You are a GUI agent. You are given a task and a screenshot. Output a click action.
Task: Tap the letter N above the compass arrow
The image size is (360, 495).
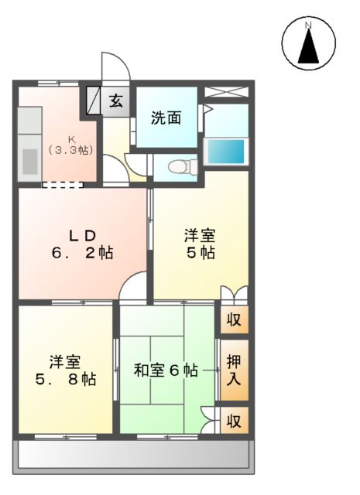coord(308,26)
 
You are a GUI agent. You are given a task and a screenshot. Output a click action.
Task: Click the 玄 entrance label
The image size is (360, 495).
coord(116,100)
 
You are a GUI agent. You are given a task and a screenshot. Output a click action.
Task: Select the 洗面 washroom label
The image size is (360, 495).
coord(166,118)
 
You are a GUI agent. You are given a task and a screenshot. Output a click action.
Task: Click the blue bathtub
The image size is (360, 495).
coord(225,150)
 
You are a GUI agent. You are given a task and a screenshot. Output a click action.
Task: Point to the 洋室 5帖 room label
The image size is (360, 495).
coord(199,244)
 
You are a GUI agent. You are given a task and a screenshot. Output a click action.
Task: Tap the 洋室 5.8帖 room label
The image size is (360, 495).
coord(66,370)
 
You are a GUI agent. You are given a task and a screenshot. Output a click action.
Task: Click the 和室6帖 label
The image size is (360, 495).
coord(164,370)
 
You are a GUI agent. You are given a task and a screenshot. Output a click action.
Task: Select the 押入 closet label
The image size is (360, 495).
coord(233,369)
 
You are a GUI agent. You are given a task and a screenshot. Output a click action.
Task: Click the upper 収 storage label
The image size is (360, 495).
coord(233,319)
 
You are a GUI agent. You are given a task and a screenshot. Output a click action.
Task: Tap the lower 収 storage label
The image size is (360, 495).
coord(233,422)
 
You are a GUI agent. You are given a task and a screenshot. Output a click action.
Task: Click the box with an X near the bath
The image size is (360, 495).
coord(226,91)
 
